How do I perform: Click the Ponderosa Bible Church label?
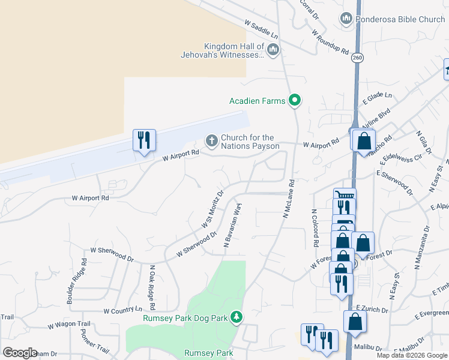(400, 19)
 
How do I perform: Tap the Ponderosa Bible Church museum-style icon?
(346, 19)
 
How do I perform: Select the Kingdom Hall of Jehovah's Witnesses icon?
(273, 49)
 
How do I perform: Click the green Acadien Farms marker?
(294, 100)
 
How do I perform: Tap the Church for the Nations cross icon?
(211, 141)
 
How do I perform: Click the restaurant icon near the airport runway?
(144, 140)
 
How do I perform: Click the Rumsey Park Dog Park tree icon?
(237, 316)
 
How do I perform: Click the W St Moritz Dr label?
(212, 209)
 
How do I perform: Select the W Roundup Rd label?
(330, 42)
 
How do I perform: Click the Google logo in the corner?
(20, 353)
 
